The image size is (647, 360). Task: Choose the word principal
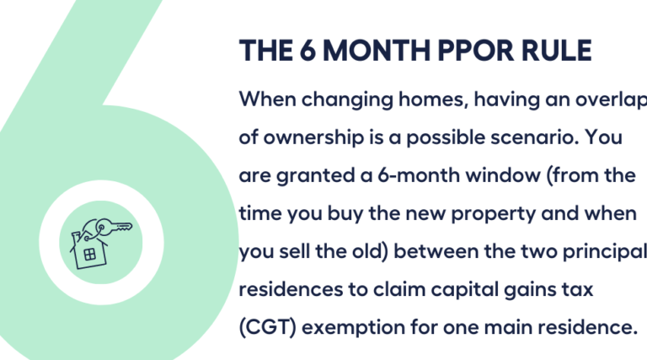609,252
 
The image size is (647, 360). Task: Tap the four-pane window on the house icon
89,254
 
